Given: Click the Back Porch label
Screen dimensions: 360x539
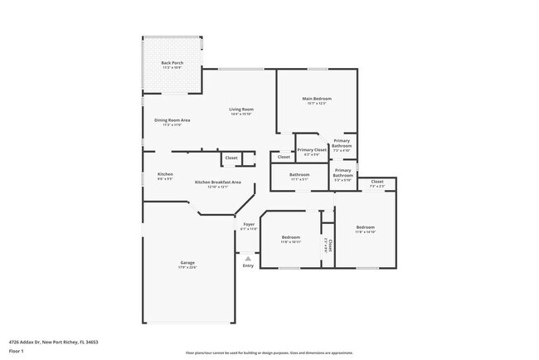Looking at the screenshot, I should (172, 63).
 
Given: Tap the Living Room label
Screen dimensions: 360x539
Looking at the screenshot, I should (241, 109).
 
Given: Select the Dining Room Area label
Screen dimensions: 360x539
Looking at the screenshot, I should (172, 120).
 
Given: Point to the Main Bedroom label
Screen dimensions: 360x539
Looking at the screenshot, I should (317, 99).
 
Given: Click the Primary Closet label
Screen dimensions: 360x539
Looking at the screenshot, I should (312, 149).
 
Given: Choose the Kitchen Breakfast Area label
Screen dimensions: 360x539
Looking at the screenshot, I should (218, 182).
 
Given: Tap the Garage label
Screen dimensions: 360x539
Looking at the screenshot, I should (187, 263).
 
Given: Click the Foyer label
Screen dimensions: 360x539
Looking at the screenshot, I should (249, 224).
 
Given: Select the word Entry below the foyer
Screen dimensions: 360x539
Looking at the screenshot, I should (248, 265).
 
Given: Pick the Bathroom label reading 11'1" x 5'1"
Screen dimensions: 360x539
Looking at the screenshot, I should (299, 174).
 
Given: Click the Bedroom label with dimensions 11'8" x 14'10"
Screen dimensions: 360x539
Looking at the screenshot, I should (366, 227).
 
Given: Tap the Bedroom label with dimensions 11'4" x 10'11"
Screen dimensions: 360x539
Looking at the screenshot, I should (289, 236).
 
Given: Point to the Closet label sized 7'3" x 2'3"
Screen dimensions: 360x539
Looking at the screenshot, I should (376, 181).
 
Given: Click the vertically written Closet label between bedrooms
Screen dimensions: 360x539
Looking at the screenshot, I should (328, 246).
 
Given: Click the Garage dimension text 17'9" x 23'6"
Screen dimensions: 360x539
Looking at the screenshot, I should (187, 268).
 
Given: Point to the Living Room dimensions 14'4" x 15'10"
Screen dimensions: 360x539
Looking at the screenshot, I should (241, 114).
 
